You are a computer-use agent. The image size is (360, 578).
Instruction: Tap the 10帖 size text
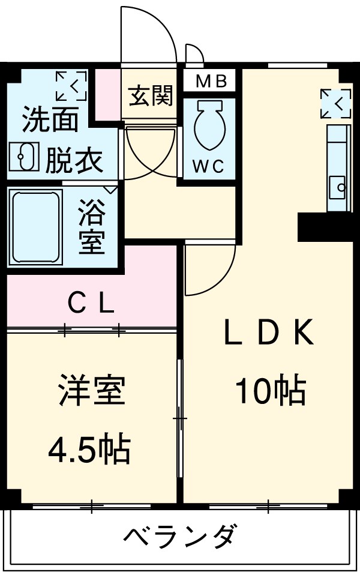click(270, 391)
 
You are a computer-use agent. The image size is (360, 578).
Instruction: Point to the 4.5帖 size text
click(89, 448)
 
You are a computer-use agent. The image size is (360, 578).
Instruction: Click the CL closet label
click(91, 306)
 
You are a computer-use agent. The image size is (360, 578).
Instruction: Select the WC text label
click(208, 166)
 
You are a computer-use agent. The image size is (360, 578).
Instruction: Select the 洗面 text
click(50, 120)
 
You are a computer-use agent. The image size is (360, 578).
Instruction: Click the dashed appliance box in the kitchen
click(335, 103)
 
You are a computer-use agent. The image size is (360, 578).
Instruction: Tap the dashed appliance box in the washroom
click(71, 86)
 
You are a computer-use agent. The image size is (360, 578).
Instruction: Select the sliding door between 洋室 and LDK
click(180, 417)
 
